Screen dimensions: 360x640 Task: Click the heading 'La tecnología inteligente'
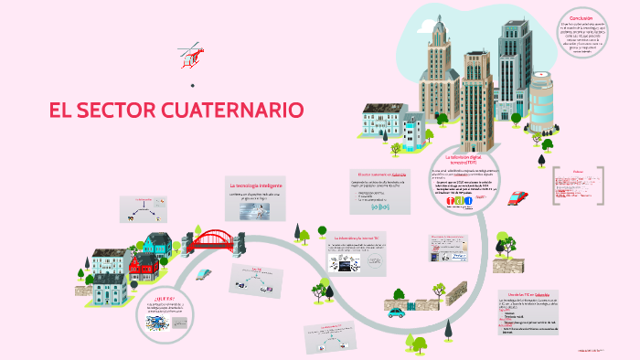pos(256,185)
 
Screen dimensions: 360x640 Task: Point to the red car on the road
pos(517,196)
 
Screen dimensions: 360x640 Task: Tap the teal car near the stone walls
pos(396,312)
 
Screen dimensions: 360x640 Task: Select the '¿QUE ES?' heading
pos(165,298)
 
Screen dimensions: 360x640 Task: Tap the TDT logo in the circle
pos(461,203)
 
